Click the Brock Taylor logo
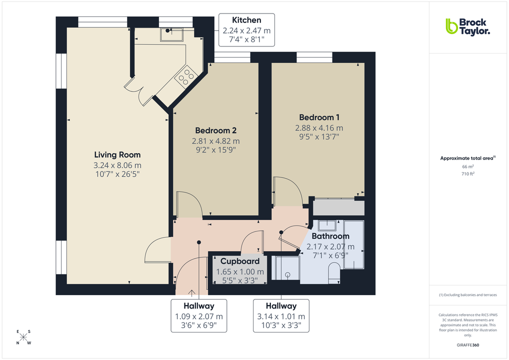pyautogui.click(x=467, y=26)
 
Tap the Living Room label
pyautogui.click(x=117, y=154)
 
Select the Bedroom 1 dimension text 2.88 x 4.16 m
pyautogui.click(x=318, y=128)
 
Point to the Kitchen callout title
pyautogui.click(x=246, y=20)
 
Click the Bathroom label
pyautogui.click(x=330, y=236)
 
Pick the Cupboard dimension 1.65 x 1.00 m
pyautogui.click(x=239, y=271)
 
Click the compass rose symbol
pyautogui.click(x=23, y=337)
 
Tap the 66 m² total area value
pyautogui.click(x=467, y=166)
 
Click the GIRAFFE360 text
pyautogui.click(x=467, y=345)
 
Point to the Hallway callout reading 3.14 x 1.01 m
pyautogui.click(x=280, y=316)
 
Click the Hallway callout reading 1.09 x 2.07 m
pyautogui.click(x=198, y=316)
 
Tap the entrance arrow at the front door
pyautogui.click(x=191, y=292)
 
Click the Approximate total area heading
pyautogui.click(x=466, y=158)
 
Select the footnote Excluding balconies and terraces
pyautogui.click(x=467, y=295)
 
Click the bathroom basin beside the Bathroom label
pyautogui.click(x=327, y=224)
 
